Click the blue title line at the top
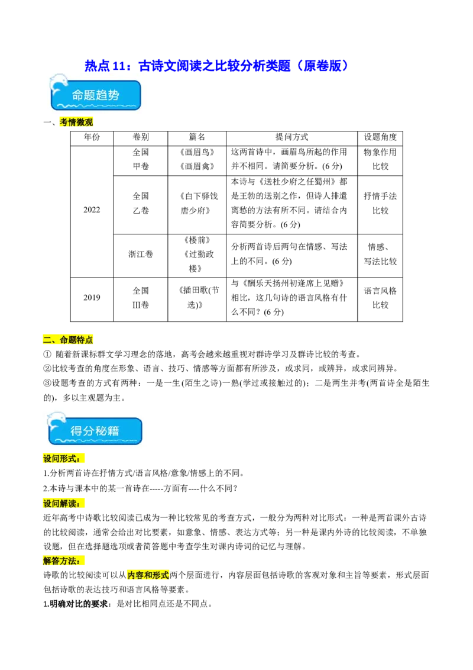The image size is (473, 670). click(216, 65)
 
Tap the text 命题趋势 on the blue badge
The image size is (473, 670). click(96, 95)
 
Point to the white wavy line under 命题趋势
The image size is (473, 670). click(96, 107)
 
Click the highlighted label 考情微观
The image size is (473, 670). click(76, 123)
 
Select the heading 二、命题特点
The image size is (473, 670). click(68, 340)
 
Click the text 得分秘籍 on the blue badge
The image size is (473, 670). click(95, 431)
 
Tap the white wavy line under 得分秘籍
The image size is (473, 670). click(95, 441)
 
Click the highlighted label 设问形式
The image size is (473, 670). click(61, 459)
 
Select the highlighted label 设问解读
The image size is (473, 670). click(61, 504)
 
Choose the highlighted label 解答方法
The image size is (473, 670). click(61, 561)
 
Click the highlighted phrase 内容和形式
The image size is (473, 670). click(148, 575)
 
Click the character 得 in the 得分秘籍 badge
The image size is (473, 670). click(77, 431)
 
